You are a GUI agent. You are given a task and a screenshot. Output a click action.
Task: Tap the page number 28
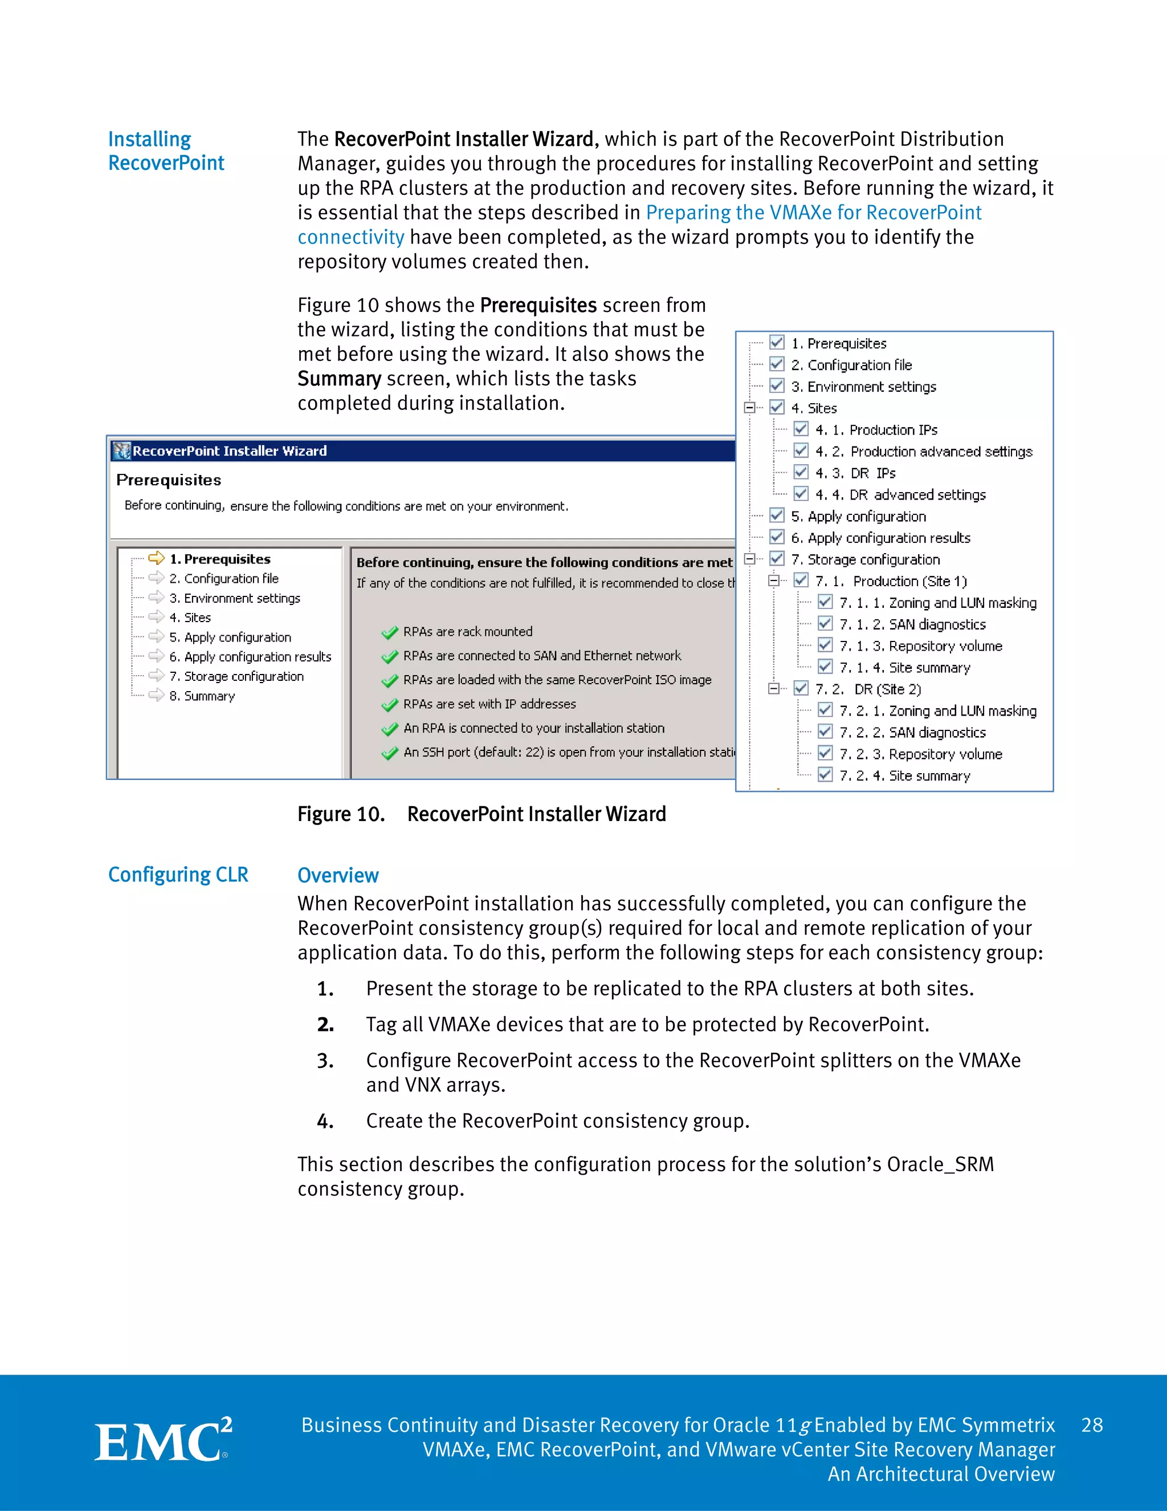[x=1092, y=1424]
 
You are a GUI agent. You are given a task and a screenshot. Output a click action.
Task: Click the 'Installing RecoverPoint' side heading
[x=166, y=151]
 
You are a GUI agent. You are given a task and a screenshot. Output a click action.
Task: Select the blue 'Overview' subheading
[x=337, y=875]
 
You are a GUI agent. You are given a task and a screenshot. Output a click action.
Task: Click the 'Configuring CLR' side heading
[x=178, y=875]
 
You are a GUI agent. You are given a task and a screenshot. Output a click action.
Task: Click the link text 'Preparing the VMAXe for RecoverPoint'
[x=813, y=213]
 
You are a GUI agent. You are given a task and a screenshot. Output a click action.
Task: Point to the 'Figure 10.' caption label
[x=341, y=814]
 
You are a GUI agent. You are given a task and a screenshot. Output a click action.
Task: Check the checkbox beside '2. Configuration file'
[x=777, y=364]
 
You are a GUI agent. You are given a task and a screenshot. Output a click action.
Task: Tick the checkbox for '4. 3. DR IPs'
[x=801, y=473]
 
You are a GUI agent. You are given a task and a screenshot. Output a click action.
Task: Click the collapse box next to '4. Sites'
[x=749, y=408]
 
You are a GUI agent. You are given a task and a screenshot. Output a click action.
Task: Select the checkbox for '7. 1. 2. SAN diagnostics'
[x=825, y=623]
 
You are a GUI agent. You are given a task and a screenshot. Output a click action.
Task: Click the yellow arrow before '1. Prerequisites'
[x=156, y=558]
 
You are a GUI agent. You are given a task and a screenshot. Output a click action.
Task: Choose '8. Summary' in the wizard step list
[x=202, y=696]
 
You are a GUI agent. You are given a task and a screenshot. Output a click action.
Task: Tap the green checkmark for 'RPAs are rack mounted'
[x=390, y=632]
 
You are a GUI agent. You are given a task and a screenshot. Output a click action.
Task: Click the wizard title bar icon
[x=122, y=451]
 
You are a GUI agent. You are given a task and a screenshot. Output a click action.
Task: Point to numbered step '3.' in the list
[x=325, y=1061]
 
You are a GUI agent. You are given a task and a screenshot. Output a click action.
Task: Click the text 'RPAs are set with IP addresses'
[x=489, y=704]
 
